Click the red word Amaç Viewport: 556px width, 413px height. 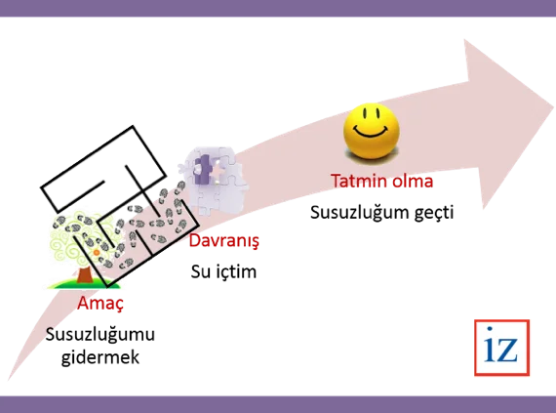click(100, 304)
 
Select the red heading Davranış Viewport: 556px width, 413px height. click(224, 241)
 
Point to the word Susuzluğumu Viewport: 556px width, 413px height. click(100, 335)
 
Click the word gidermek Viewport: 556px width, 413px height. click(100, 357)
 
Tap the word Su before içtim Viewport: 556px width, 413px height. click(199, 272)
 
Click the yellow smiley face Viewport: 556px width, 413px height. click(372, 131)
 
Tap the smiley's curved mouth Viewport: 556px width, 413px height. click(372, 133)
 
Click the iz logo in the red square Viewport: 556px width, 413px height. click(501, 348)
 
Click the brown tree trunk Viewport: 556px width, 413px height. click(85, 275)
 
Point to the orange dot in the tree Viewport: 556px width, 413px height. click(97, 253)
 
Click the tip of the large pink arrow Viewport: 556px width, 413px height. click(552, 107)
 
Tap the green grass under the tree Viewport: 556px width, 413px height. click(85, 284)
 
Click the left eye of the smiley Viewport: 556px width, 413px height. click(364, 113)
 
